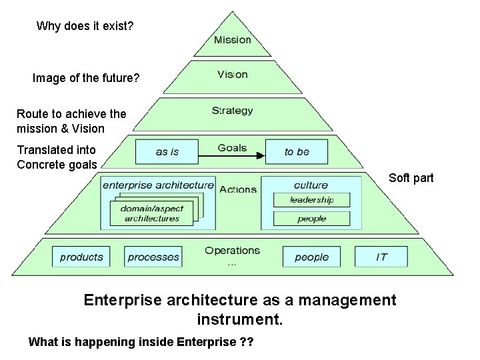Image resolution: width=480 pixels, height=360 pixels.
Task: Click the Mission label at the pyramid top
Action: (233, 40)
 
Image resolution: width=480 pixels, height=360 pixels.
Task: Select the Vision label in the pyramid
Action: (232, 75)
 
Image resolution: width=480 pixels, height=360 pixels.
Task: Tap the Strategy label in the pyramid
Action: (232, 111)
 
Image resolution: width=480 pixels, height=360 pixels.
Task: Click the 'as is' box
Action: (167, 151)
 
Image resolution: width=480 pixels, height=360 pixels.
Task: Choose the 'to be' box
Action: (297, 151)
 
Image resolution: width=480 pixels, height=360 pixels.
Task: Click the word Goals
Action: (232, 147)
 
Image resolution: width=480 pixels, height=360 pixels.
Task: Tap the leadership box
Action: (311, 199)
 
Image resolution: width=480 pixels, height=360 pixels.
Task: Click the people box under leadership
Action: (311, 218)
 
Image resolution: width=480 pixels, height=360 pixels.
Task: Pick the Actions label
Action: (237, 189)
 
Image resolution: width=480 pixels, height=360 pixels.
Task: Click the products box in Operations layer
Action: (82, 257)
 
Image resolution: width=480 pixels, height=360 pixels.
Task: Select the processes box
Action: (153, 257)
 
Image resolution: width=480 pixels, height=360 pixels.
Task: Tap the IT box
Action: (381, 257)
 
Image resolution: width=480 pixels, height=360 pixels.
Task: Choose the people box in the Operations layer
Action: (311, 257)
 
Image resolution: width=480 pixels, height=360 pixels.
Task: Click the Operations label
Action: (232, 251)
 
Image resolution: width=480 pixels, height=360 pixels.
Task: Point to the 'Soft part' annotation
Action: (411, 178)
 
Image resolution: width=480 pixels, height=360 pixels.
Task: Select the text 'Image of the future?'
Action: (86, 78)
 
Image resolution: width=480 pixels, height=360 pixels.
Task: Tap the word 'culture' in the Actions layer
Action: (311, 185)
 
